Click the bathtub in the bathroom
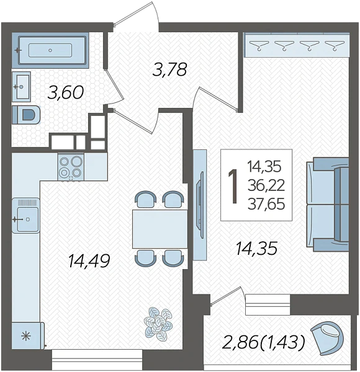tap(50, 50)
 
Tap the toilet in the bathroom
tap(26, 115)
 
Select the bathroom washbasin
tap(21, 87)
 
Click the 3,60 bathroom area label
tap(66, 92)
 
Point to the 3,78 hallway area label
tap(169, 69)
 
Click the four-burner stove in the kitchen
tap(71, 167)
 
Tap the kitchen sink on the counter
tap(26, 216)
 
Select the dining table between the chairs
tap(160, 229)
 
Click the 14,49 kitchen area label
tap(89, 260)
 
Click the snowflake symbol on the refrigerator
tap(26, 336)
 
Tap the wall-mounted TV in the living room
tap(200, 205)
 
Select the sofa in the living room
tap(328, 204)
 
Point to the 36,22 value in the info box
tap(266, 185)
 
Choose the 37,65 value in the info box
tap(266, 204)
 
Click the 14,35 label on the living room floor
tap(256, 248)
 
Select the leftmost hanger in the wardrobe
tap(259, 45)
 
